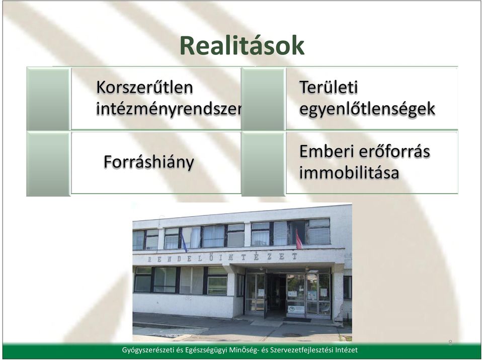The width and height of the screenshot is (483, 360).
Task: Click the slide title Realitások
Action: [242, 46]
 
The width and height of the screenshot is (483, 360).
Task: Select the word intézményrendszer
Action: [169, 109]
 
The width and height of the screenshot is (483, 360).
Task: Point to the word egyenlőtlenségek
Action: [367, 109]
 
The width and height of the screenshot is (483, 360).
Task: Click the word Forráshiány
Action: [149, 162]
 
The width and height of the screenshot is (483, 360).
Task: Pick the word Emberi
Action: [326, 151]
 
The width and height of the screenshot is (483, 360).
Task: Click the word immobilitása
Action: [349, 173]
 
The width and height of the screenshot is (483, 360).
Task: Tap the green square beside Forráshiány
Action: [48, 163]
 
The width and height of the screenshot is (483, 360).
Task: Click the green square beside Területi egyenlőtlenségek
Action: [263, 99]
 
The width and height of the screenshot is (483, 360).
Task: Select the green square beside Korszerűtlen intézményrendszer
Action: [48, 99]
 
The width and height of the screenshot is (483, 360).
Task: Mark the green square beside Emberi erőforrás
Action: [263, 163]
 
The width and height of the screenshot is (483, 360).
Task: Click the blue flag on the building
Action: [184, 242]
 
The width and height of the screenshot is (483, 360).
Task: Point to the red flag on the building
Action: [298, 239]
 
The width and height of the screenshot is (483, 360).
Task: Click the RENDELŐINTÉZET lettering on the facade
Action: [222, 257]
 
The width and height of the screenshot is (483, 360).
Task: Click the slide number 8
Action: [450, 343]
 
